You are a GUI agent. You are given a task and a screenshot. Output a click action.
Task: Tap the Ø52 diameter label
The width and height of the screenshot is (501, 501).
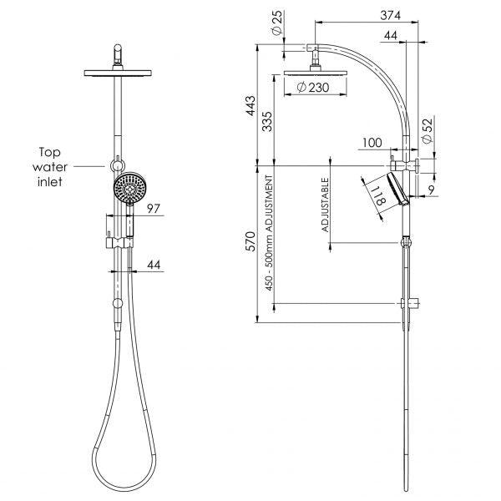click(425, 132)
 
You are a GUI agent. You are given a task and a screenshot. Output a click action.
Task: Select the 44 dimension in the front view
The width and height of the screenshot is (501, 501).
click(153, 264)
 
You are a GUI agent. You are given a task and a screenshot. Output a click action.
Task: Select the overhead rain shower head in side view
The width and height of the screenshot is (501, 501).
click(317, 73)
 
